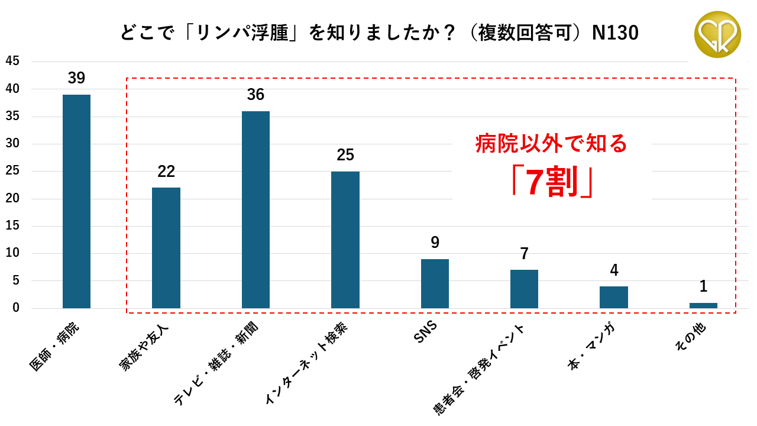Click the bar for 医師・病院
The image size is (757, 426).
coord(76,201)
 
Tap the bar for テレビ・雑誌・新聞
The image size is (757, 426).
coord(255,209)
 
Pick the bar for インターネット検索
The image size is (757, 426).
coord(345,240)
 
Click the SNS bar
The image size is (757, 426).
coord(435,283)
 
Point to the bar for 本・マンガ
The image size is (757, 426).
coord(614,297)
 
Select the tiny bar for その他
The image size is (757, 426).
coord(703,305)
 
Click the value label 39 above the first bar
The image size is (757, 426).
coord(76,78)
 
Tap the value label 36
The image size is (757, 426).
coord(255,95)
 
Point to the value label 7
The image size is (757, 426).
coord(524,254)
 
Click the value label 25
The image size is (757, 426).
coord(345,155)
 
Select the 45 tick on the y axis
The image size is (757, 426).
coord(12,61)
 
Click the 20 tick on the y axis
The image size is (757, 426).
coord(12,198)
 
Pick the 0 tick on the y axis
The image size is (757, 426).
coord(16,308)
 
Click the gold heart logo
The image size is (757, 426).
coord(717,34)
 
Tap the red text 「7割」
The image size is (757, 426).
coord(552,183)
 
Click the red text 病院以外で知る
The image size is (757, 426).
coord(551,144)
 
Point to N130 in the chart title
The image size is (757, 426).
coord(615,33)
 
